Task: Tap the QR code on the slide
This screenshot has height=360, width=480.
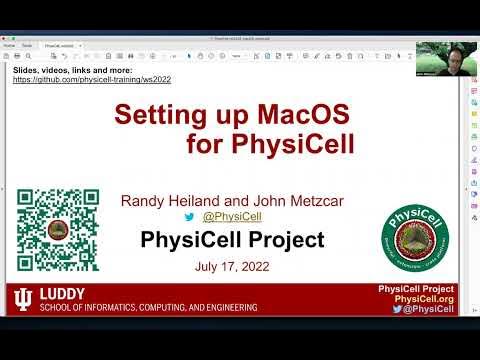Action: (x=57, y=230)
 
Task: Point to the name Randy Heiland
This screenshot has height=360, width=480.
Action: (x=173, y=201)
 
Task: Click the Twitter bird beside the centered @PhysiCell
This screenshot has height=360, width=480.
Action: (x=189, y=216)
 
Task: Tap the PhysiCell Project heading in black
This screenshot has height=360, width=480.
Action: (x=232, y=240)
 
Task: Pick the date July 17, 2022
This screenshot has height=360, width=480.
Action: (x=231, y=268)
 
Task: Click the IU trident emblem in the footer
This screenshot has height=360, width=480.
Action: (x=22, y=299)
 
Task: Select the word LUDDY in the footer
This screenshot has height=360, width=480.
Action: (x=61, y=295)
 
